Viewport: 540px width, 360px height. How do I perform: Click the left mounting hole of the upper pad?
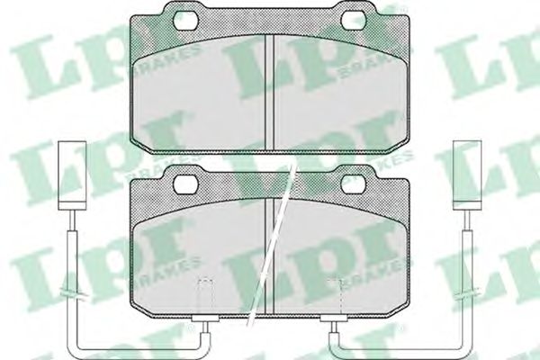186,21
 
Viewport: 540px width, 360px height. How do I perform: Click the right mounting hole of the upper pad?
354,21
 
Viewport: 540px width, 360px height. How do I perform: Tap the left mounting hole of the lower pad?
186,184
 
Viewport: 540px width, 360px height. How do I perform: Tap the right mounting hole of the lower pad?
354,184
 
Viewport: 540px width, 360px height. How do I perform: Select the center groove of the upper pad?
270,92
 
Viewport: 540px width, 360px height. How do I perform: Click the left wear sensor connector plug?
72,175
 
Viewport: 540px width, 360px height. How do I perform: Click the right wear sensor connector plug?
467,175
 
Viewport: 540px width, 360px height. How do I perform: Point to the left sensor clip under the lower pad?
205,319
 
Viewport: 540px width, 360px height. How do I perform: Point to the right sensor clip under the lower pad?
333,319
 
